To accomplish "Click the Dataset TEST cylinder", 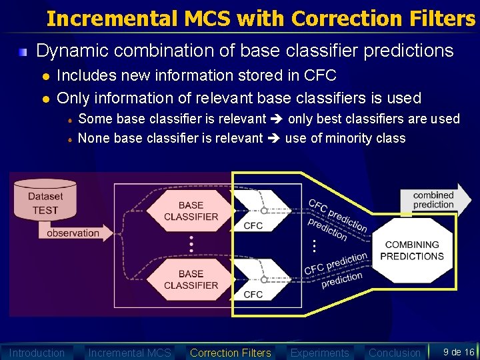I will tap(45, 199).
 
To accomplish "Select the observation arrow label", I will tap(73, 233).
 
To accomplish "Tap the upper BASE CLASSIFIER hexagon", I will tap(191, 211).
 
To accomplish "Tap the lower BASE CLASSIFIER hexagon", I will tap(191, 279).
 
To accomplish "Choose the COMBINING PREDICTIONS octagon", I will tap(412, 251).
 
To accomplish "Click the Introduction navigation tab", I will tap(37, 353).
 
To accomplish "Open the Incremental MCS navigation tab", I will tap(129, 353).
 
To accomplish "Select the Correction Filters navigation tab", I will tap(231, 353).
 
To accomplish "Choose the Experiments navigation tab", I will tap(319, 353).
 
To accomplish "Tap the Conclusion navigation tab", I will tap(395, 353).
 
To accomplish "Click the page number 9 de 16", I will tap(459, 352).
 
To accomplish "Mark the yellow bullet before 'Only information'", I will tap(45, 99).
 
